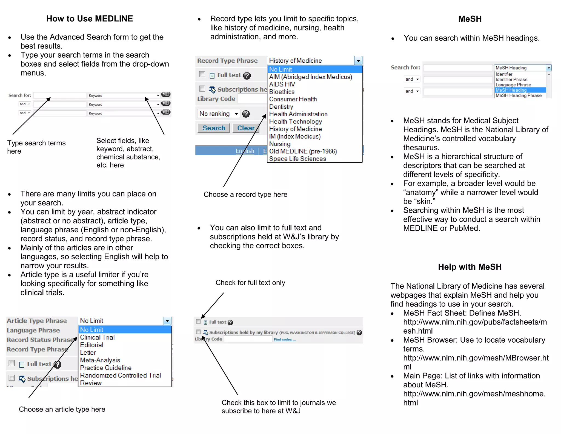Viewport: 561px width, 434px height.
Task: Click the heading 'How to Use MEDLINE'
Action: [x=90, y=19]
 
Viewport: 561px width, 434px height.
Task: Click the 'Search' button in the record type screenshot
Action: [x=214, y=128]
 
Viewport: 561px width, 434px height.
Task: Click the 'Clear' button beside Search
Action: [x=246, y=128]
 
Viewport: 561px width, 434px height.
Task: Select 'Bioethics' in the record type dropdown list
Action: [x=282, y=92]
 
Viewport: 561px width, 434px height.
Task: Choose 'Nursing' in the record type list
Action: [x=279, y=144]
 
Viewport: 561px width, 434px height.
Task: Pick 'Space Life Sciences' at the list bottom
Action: [x=297, y=159]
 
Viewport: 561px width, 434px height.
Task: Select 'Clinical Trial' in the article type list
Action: [x=97, y=337]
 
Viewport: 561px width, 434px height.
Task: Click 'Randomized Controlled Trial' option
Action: [x=120, y=375]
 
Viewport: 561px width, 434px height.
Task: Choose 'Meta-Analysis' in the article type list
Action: [x=100, y=360]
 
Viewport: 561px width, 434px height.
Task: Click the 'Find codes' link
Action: [x=284, y=339]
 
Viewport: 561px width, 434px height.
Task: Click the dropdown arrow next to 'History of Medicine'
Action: [x=358, y=61]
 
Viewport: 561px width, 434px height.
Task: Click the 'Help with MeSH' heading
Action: [x=470, y=267]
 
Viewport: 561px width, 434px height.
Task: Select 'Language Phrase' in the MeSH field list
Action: [x=513, y=85]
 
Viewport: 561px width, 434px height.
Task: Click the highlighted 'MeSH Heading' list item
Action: [x=511, y=90]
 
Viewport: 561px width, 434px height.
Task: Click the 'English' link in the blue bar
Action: [x=245, y=151]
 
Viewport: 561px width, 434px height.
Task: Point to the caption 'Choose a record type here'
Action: [x=245, y=194]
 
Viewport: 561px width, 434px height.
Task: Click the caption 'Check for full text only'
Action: [x=250, y=283]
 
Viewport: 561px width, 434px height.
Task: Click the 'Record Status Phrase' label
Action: [x=40, y=340]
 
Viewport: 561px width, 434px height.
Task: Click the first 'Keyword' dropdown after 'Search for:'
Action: [x=124, y=95]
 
